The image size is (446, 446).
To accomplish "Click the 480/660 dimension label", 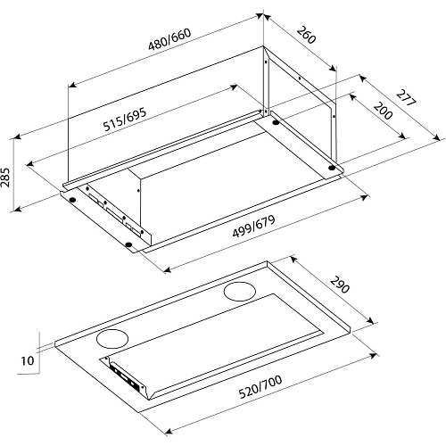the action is (x=169, y=39).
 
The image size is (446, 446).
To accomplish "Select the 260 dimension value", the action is (x=306, y=35).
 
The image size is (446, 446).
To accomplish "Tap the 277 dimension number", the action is (x=406, y=98).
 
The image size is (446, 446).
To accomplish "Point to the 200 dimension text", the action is (x=383, y=111).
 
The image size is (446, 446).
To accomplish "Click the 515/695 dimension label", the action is (x=125, y=120).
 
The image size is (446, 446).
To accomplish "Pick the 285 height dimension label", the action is (x=5, y=178).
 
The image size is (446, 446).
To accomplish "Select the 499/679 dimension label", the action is (x=253, y=226).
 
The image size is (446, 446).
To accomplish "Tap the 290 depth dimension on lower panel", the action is (x=340, y=285).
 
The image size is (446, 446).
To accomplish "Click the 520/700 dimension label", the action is (x=260, y=387).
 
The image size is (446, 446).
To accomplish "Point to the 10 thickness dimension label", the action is (x=28, y=360).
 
